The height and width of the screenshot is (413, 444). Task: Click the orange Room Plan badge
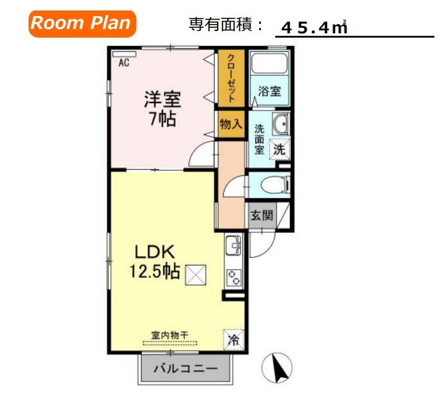click(x=81, y=23)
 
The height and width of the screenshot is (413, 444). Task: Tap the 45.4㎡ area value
click(x=314, y=27)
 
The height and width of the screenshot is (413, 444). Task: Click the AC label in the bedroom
click(x=124, y=62)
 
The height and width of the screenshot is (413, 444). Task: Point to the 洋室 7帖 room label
click(x=162, y=108)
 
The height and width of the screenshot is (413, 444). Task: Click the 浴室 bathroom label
click(x=270, y=91)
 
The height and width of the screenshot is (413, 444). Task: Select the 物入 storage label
click(x=231, y=124)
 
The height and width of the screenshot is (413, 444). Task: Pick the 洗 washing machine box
click(x=280, y=148)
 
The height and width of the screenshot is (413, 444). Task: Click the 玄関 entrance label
click(x=261, y=215)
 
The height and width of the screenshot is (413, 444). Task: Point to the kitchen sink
click(x=234, y=246)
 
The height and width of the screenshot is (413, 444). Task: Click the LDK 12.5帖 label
click(x=155, y=262)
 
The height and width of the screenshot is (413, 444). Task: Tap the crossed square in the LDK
click(x=197, y=273)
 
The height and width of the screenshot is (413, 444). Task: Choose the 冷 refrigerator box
click(x=234, y=339)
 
